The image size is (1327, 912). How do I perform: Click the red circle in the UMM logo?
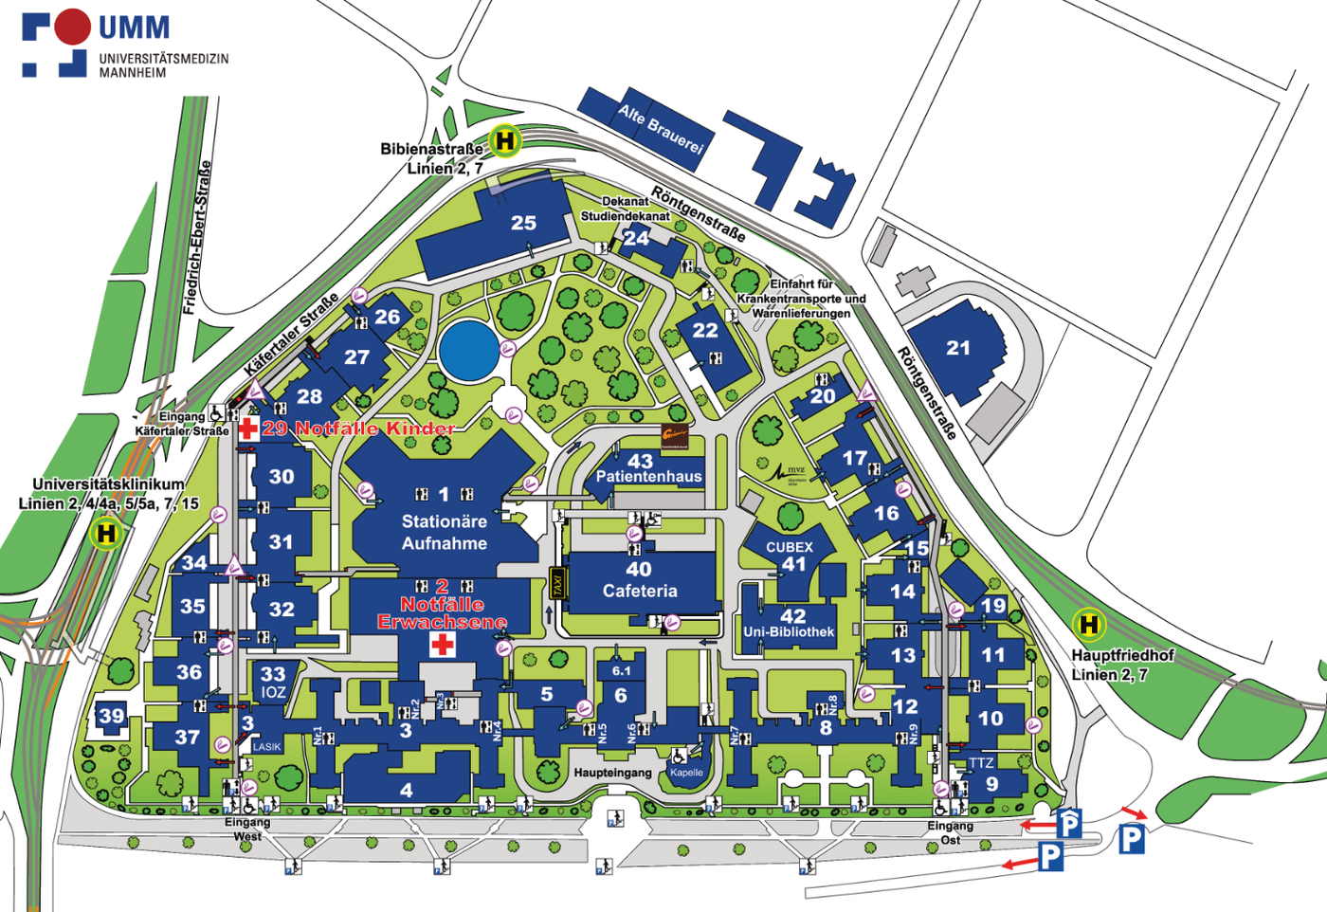(71, 27)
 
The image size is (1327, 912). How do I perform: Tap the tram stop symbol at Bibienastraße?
(505, 141)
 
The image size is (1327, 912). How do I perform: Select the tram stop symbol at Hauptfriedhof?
(1088, 624)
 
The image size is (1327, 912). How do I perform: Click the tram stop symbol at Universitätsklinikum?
(106, 533)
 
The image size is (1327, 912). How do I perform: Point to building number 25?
(523, 223)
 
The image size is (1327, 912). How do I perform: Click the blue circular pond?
(469, 351)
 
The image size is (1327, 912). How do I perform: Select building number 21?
(958, 348)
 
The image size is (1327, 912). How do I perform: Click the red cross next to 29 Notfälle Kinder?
(248, 429)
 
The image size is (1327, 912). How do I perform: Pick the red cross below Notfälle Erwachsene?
(443, 646)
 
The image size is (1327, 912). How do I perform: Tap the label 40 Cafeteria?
(640, 580)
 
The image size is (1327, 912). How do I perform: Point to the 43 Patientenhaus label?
(648, 468)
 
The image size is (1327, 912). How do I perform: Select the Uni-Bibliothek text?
(789, 631)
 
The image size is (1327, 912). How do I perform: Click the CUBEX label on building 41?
(790, 547)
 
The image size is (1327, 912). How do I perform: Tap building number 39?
(112, 716)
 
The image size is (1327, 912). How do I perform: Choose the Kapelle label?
(686, 773)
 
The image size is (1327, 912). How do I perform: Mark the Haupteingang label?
(612, 773)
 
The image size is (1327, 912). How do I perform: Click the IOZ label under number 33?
(273, 692)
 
